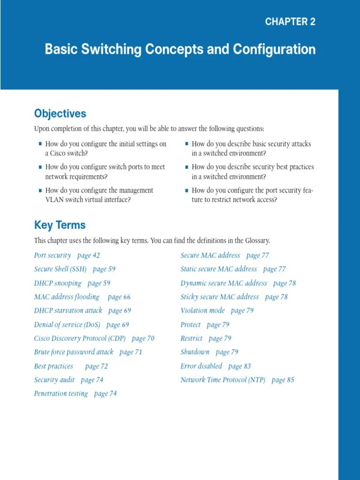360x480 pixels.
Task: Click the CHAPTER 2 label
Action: coord(290,22)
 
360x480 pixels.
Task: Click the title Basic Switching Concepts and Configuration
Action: coord(180,49)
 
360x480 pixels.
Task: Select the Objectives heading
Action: coord(60,113)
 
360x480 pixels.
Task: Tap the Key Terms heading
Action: coord(60,225)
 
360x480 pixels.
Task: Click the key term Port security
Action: coord(52,255)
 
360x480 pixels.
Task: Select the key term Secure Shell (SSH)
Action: coord(60,269)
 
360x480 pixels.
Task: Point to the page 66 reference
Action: coord(119,297)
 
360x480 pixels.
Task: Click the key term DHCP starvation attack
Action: coord(68,310)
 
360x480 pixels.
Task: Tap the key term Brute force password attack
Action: coord(74,352)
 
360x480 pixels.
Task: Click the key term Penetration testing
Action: coord(61,393)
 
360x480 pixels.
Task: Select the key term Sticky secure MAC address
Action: coord(219,297)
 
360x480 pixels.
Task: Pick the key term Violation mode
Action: coord(202,310)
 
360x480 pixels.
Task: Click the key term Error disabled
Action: coord(201,366)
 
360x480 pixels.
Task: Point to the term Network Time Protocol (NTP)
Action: coord(223,380)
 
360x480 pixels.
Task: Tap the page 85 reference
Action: coord(283,380)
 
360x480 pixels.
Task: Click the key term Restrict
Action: coord(191,338)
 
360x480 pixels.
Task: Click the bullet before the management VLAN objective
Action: coord(40,190)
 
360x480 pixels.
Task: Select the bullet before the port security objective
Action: coord(187,190)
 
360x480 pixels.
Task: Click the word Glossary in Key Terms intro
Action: coord(257,241)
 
